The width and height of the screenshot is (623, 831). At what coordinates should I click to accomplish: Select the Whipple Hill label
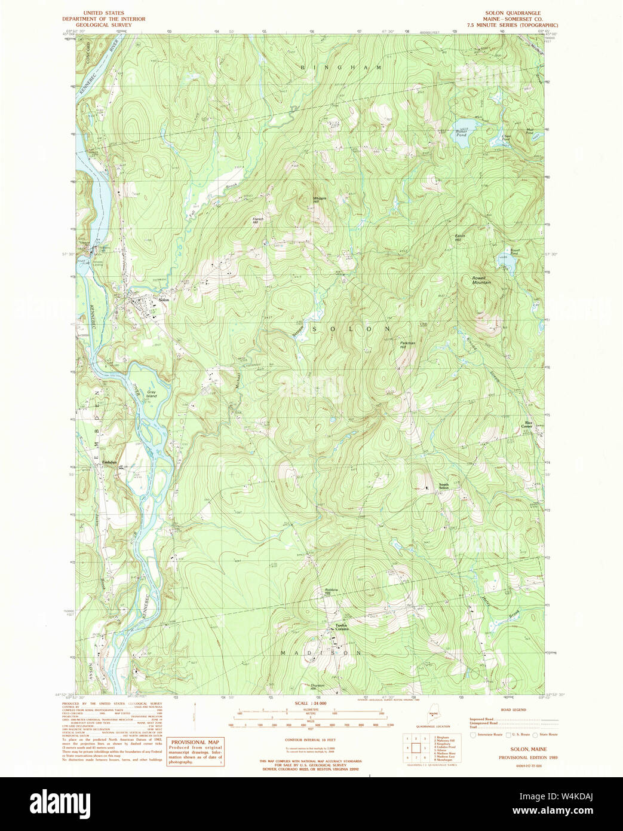click(x=320, y=199)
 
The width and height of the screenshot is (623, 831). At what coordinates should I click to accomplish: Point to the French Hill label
click(x=258, y=220)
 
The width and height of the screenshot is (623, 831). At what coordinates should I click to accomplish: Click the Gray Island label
click(x=152, y=394)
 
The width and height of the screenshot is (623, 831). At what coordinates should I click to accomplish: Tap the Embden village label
click(x=109, y=463)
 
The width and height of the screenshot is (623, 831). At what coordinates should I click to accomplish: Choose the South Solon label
click(x=444, y=486)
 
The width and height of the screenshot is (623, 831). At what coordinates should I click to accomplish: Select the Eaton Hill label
click(x=460, y=237)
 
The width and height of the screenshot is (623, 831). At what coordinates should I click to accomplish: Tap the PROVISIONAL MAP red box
click(x=195, y=751)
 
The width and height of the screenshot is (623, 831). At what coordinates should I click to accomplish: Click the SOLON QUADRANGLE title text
click(x=514, y=13)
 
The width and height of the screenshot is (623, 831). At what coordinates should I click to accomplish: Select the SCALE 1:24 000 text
click(x=311, y=704)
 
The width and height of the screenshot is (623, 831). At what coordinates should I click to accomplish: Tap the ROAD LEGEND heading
click(x=513, y=710)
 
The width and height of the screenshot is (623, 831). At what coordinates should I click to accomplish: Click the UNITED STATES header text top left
click(x=104, y=13)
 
